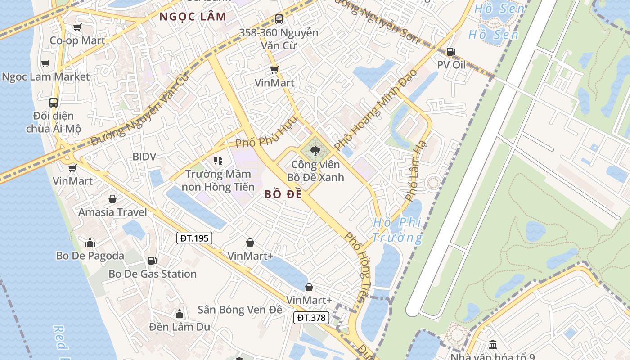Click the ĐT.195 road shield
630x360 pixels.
pos(194,238)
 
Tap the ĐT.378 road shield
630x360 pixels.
pos(311,318)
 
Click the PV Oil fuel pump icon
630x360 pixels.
pos(451,52)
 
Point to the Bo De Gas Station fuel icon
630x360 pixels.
pos(152,261)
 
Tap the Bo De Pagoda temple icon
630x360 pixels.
pos(90,243)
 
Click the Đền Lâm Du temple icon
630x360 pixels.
pos(180,314)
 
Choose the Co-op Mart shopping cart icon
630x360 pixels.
pos(77,27)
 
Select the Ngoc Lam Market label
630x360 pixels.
pos(46,77)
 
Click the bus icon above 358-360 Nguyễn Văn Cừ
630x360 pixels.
pos(279,19)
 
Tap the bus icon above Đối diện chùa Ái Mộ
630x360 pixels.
pos(54,103)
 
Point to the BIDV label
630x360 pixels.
pos(144,157)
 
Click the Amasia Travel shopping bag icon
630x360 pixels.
pos(112,199)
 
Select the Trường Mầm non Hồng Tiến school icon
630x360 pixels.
pos(218,161)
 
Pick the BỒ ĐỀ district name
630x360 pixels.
pos(283,194)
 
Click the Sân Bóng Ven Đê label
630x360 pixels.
pos(240,310)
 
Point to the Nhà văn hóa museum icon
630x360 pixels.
pos(492,345)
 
